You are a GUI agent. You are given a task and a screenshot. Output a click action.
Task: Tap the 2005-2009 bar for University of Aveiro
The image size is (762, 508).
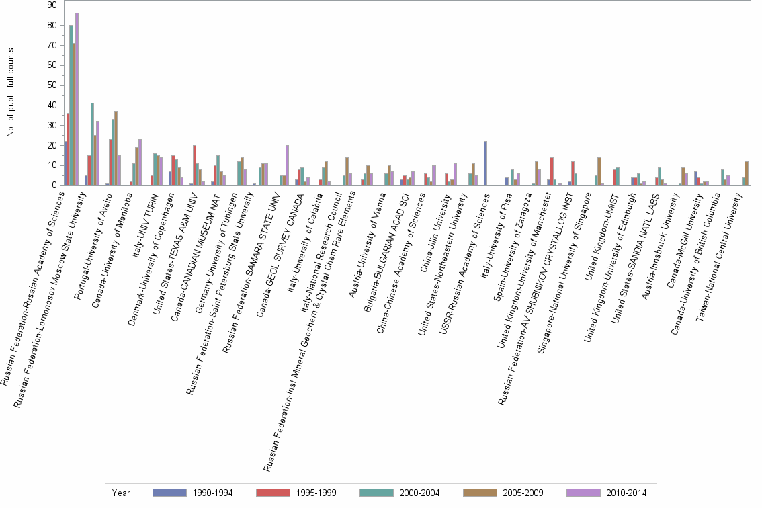click(116, 149)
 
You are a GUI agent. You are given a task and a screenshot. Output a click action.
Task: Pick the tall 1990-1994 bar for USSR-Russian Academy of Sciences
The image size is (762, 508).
click(485, 163)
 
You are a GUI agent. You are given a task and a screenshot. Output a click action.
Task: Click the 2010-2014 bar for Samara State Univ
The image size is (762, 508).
click(287, 165)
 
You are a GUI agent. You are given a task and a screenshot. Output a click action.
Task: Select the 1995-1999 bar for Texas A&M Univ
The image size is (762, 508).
click(194, 165)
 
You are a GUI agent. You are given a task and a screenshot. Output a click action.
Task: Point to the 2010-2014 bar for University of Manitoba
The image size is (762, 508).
click(140, 162)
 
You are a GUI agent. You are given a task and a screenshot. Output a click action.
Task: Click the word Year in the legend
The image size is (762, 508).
click(121, 493)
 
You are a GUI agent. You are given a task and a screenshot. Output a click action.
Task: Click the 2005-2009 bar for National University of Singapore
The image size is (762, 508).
click(599, 171)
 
